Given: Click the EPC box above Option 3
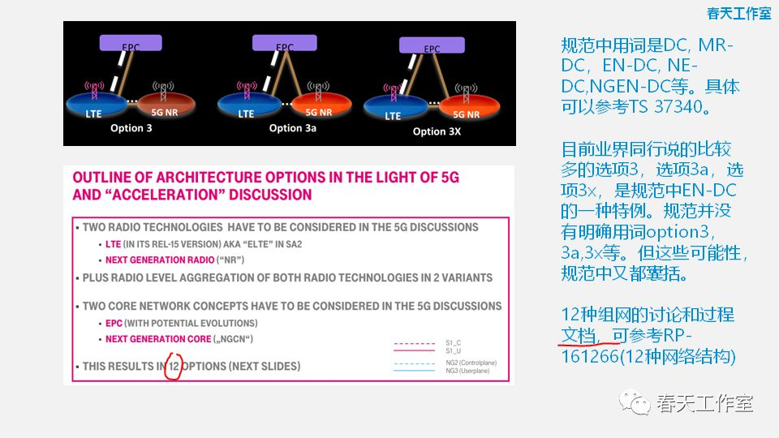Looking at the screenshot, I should pos(131,46).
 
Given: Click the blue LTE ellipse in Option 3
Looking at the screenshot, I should pos(97,111).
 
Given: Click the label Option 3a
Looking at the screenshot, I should pos(296,128).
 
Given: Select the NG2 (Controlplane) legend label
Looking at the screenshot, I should pos(475,364).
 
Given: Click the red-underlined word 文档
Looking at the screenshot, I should pos(579,334).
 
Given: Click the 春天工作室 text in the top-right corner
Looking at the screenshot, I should pos(738,13).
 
